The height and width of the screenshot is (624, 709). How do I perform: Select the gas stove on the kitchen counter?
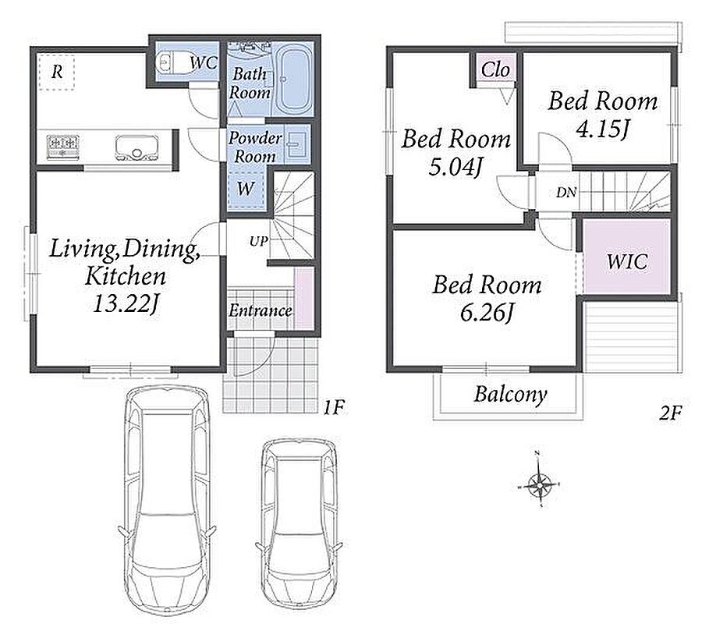(x=63, y=147)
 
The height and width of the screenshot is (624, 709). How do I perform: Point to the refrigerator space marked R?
(x=56, y=72)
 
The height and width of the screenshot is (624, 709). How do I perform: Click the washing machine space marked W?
(x=246, y=189)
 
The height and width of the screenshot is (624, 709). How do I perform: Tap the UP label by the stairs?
(x=259, y=242)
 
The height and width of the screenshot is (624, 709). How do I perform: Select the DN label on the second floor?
(x=566, y=193)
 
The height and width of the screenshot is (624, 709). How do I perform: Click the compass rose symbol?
(x=540, y=484)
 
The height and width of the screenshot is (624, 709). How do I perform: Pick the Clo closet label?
(x=495, y=69)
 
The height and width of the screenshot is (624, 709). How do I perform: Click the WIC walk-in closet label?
(x=626, y=261)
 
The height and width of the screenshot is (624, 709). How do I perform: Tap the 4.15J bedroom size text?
(x=602, y=129)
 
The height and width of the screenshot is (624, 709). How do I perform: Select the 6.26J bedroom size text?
(x=487, y=313)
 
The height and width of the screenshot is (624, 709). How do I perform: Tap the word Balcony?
(x=510, y=395)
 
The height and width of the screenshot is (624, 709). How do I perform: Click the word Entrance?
(x=260, y=310)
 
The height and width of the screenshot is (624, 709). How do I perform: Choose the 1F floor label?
(x=334, y=408)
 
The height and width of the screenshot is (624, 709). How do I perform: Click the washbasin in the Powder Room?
(x=296, y=145)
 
